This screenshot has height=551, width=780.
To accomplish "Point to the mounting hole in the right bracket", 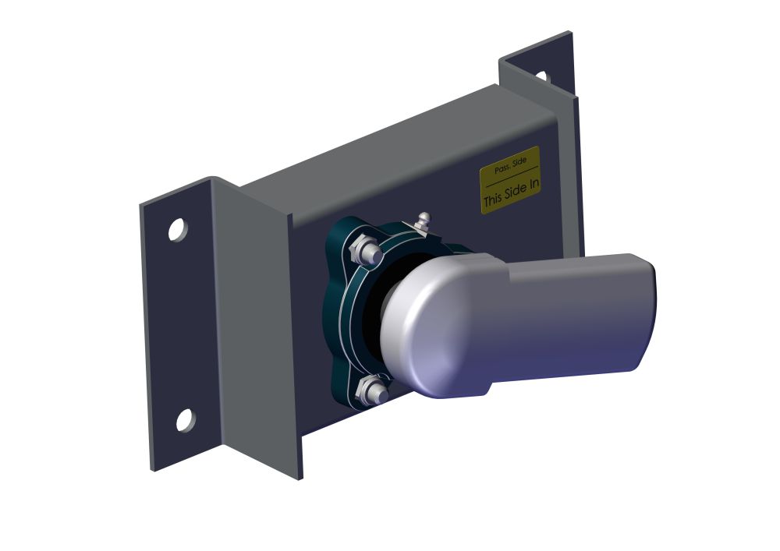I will tap(542, 77).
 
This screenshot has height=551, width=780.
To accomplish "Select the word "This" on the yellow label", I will tap(493, 200).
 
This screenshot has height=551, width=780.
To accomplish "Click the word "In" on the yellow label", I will tap(533, 185).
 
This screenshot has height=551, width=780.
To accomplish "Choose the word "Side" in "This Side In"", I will tap(516, 192).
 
